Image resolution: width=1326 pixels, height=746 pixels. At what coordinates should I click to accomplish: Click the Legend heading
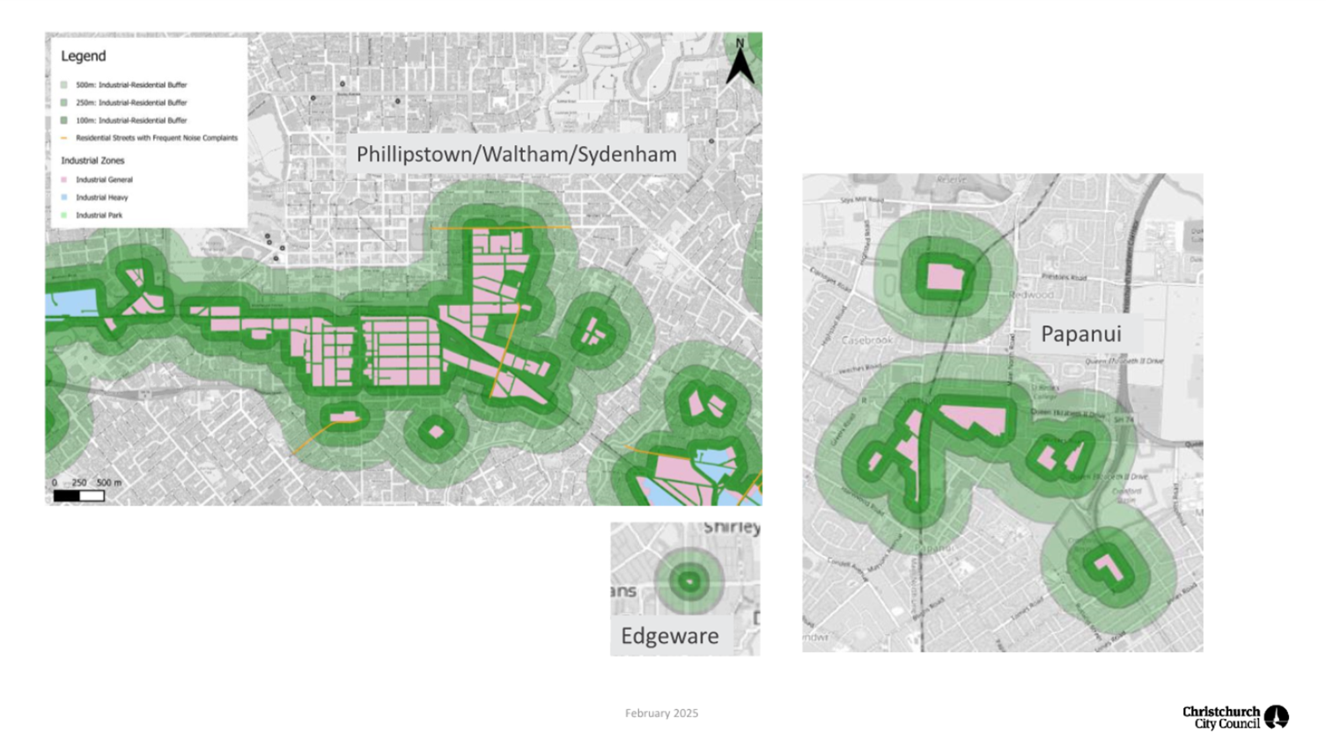coord(83,56)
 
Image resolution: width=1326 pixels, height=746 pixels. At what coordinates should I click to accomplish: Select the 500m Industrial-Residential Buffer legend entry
coord(130,85)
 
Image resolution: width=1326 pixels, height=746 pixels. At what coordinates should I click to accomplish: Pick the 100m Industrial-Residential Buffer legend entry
coord(130,121)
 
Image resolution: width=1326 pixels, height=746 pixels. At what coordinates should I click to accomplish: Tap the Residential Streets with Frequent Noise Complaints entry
coord(156,138)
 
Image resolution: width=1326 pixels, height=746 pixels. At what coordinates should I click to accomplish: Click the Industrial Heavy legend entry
coord(101,198)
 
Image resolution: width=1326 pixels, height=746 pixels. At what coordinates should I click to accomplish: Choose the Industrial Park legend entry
coord(99,216)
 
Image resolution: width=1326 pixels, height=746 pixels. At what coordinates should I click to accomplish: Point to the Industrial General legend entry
coord(104,180)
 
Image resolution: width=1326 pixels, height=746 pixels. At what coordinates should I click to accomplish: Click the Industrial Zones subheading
coord(92,161)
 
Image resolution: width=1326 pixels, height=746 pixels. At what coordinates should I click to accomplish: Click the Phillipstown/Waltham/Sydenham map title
coord(516,155)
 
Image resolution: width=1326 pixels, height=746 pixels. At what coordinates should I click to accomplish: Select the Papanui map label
coord(1080,334)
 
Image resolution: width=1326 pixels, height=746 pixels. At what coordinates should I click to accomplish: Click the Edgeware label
coord(669,636)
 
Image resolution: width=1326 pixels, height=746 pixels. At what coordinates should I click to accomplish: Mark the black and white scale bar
coord(78,496)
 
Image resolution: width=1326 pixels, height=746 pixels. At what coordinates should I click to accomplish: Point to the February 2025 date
coord(661,713)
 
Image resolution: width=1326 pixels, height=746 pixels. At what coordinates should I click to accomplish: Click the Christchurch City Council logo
coord(1234,718)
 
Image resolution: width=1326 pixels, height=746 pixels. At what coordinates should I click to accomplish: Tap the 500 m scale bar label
coord(109,483)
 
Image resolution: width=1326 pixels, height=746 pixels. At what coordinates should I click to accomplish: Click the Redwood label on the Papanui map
coord(1032,296)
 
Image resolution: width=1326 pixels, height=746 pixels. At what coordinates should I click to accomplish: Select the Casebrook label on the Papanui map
coord(866,340)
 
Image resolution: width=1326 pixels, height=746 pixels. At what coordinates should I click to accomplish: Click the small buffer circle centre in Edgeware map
coord(689,581)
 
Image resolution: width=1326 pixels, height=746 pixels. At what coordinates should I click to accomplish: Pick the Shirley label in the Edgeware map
coord(731,528)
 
